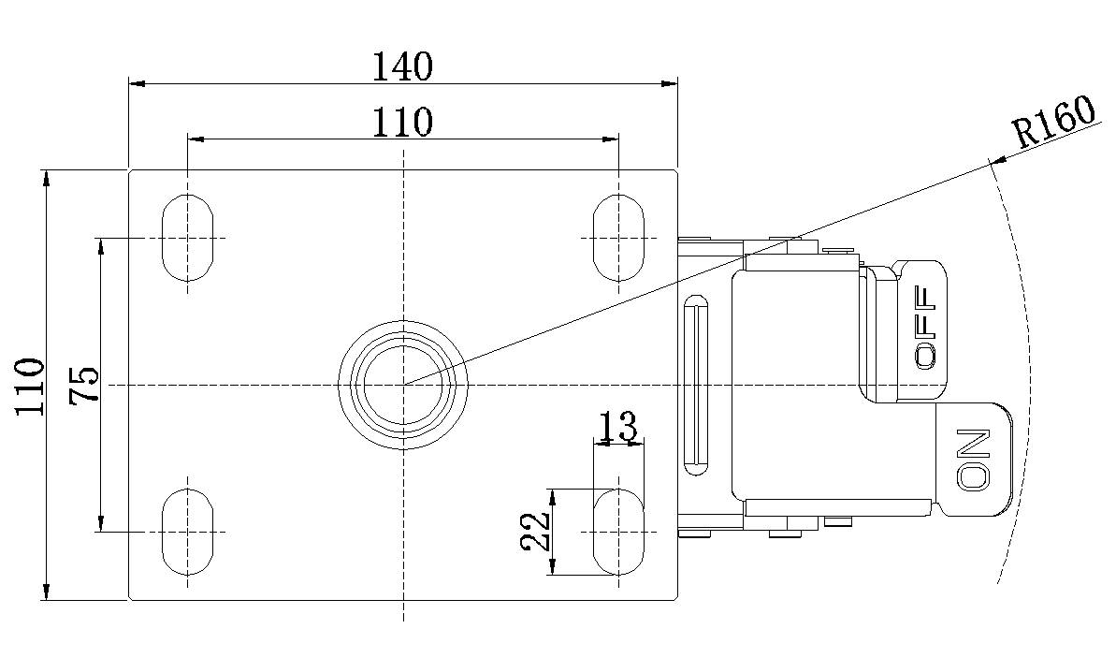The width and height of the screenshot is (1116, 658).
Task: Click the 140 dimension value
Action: coord(403,67)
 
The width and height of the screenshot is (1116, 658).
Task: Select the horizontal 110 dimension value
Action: coord(403,123)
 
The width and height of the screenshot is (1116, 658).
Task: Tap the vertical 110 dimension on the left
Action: coord(30,387)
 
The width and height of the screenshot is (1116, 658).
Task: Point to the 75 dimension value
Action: coord(84,385)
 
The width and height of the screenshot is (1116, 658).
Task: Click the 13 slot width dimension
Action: coord(617,427)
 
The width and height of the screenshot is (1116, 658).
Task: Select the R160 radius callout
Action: coord(1055,122)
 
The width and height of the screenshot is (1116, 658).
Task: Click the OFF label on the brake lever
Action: coord(925,328)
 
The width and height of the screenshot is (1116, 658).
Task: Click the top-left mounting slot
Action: coord(188,237)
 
